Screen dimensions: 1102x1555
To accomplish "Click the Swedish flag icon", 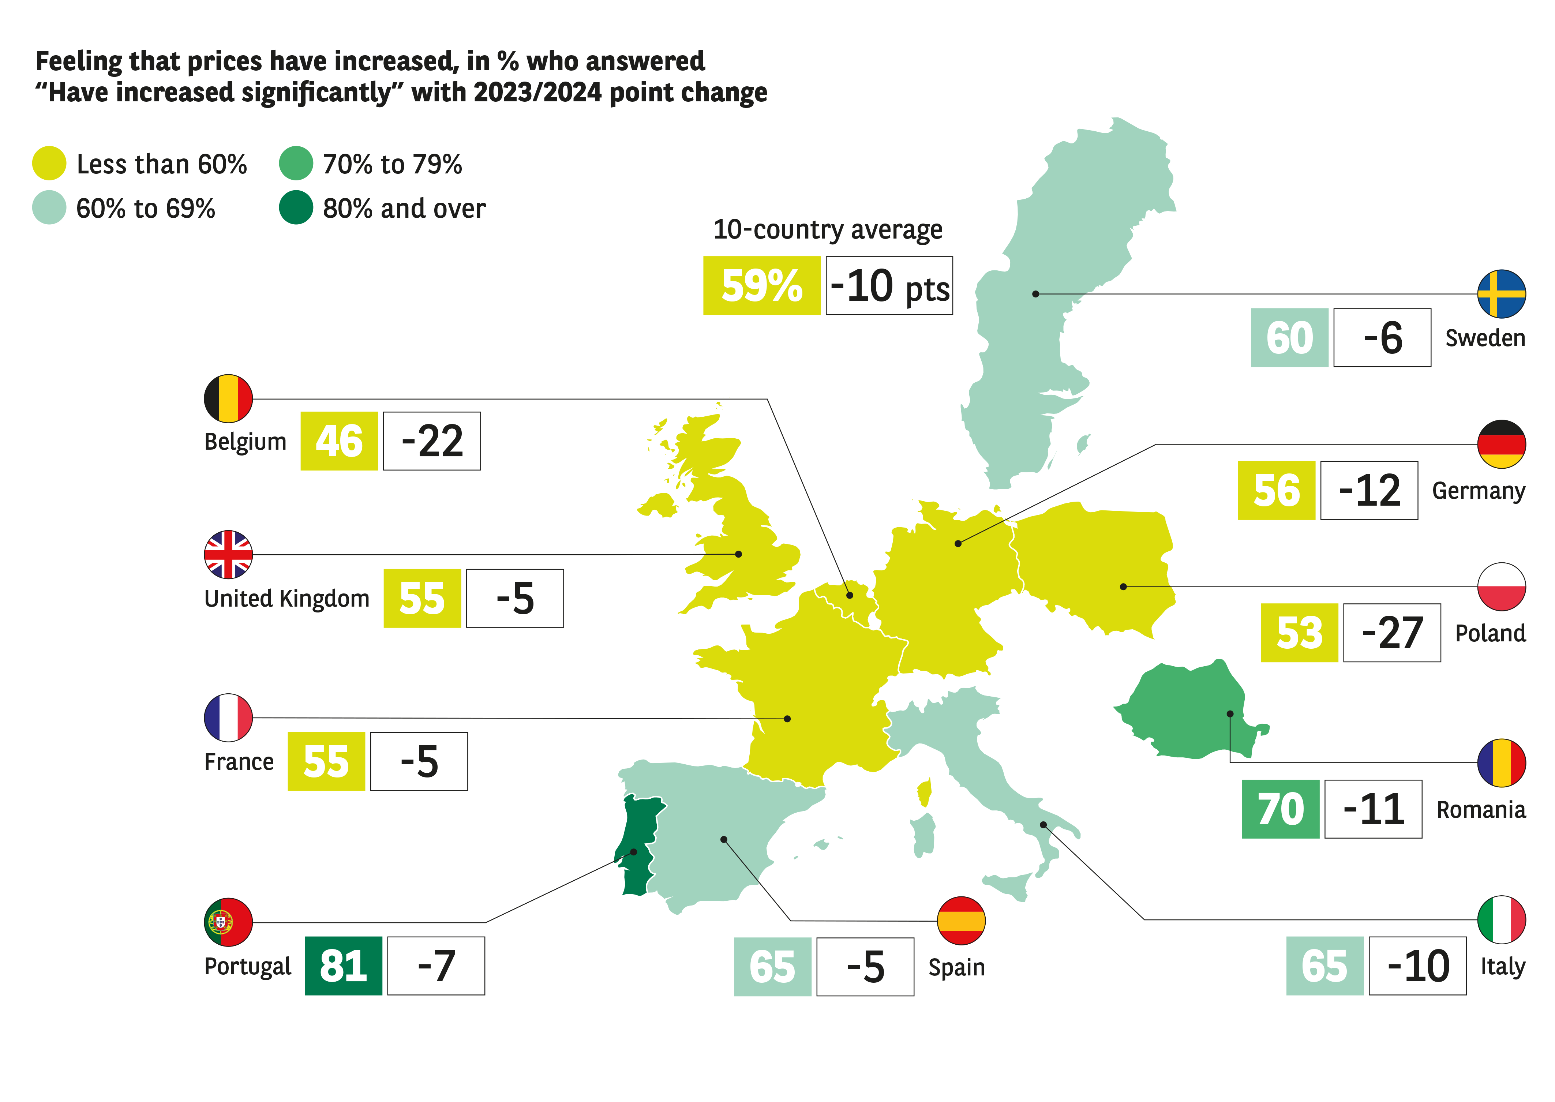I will (1502, 294).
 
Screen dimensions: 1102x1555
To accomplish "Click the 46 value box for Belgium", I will (339, 441).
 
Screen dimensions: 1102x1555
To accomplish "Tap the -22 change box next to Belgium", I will (432, 441).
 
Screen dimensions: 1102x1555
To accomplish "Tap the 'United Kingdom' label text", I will (286, 599).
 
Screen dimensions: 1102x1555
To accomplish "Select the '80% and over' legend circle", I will (296, 208).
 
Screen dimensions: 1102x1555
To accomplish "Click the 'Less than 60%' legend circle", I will (49, 164).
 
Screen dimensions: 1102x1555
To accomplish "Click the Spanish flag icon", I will (961, 920).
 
